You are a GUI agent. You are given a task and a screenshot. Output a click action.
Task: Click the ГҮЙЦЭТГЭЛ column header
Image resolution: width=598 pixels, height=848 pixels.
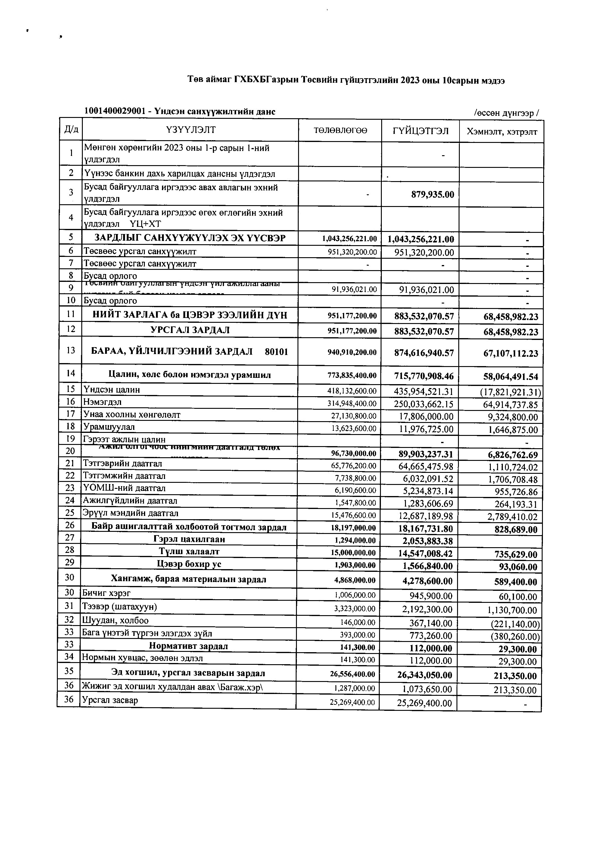coord(421,131)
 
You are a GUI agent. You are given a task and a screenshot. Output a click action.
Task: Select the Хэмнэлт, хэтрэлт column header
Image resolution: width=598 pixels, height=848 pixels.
coord(502,132)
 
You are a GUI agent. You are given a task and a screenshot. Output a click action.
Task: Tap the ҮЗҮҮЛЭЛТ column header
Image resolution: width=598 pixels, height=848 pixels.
coord(190,130)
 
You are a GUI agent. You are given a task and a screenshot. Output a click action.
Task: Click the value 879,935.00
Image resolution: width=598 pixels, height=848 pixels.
coord(432,194)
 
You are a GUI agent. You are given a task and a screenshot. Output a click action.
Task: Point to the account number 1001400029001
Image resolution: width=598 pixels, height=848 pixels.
coord(115,111)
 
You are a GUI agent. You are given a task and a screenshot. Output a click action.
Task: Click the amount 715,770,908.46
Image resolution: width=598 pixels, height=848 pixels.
coord(424,376)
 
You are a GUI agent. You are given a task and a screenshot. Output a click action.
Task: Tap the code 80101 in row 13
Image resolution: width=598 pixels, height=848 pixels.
coord(276,351)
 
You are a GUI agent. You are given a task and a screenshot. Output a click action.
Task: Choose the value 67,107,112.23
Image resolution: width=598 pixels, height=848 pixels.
coord(511,353)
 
